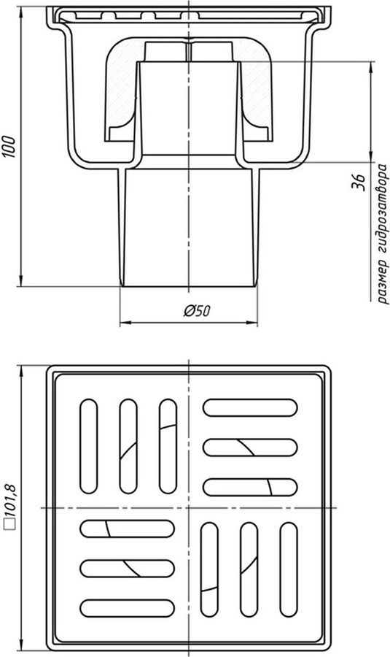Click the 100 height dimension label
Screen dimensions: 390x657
(x=9, y=147)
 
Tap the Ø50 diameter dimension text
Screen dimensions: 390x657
(x=197, y=311)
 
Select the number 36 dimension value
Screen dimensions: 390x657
(x=358, y=182)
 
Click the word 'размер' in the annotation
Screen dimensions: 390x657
(x=383, y=280)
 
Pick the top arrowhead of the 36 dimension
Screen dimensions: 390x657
(x=371, y=67)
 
